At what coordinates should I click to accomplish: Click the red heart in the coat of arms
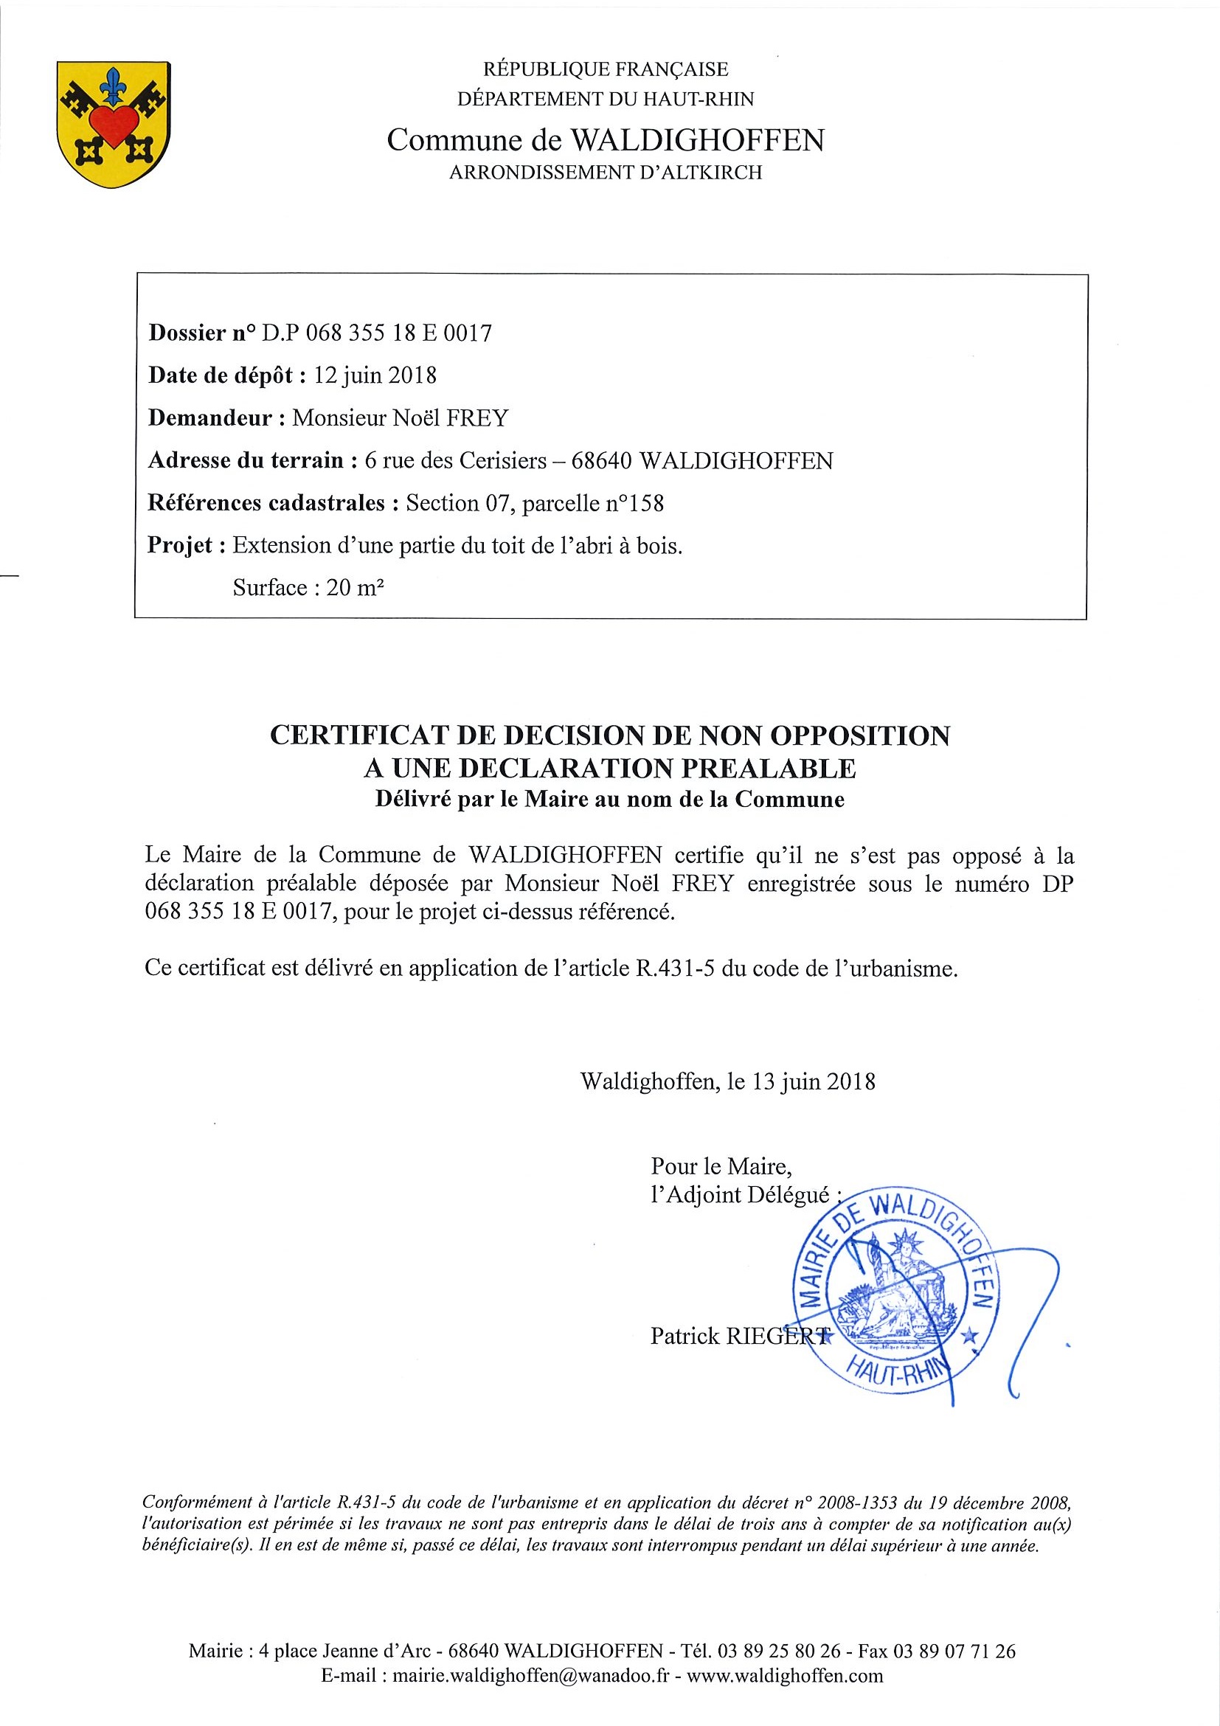[113, 125]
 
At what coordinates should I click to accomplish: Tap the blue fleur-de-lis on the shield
[114, 85]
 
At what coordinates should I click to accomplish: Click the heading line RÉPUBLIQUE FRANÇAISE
[605, 70]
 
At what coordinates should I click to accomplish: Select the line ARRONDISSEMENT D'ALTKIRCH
[605, 173]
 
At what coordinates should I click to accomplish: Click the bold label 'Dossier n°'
[201, 333]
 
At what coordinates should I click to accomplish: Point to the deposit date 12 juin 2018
[375, 375]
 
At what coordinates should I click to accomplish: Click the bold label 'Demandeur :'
[215, 418]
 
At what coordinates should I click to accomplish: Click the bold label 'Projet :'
[187, 545]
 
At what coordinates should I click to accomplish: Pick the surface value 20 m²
[355, 588]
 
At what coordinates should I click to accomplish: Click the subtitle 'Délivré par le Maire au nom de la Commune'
[609, 799]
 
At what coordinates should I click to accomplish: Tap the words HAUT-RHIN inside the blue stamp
[898, 1375]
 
